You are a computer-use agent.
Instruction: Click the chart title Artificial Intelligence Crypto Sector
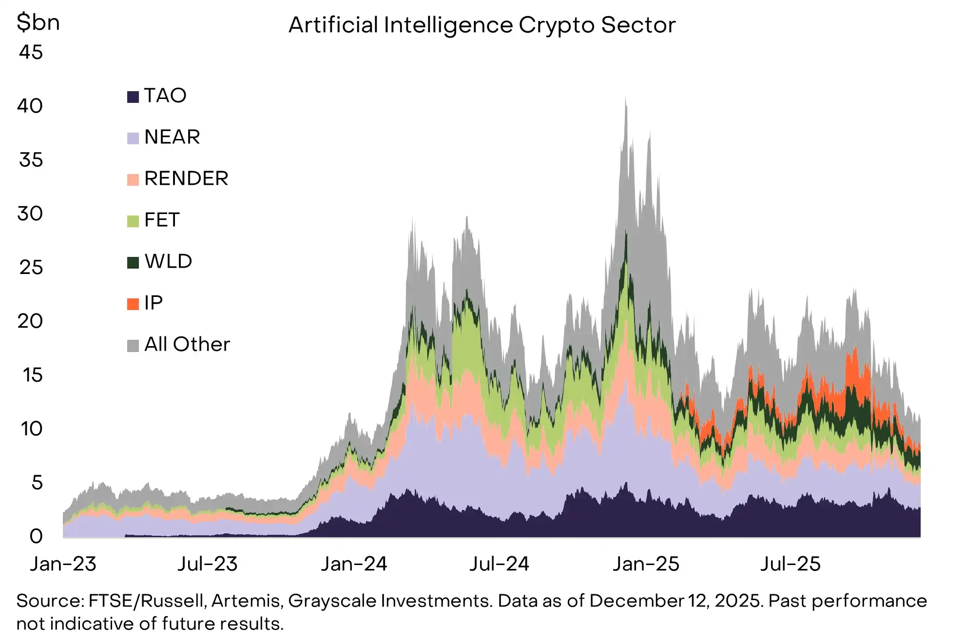[x=482, y=25]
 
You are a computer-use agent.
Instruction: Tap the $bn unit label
[x=38, y=23]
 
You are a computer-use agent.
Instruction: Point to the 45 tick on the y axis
[x=31, y=53]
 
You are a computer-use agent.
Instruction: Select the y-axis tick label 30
[x=30, y=214]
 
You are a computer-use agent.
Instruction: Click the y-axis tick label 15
[x=32, y=375]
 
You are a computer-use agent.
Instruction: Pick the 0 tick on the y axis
[x=36, y=537]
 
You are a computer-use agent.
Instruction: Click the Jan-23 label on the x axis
[x=63, y=565]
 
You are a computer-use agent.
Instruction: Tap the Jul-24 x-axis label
[x=499, y=565]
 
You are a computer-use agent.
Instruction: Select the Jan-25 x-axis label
[x=646, y=565]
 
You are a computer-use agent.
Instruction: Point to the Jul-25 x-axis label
[x=791, y=565]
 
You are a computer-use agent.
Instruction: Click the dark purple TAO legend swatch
[x=133, y=97]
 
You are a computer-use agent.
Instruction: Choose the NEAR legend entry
[x=172, y=137]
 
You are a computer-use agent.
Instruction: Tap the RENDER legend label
[x=186, y=179]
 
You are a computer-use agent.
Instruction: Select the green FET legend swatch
[x=133, y=221]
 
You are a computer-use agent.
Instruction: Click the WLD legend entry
[x=168, y=262]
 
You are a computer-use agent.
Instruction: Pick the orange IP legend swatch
[x=133, y=304]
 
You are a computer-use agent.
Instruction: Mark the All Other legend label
[x=187, y=345]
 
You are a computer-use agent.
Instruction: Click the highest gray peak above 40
[x=626, y=100]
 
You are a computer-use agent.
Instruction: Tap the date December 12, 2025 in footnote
[x=675, y=601]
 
